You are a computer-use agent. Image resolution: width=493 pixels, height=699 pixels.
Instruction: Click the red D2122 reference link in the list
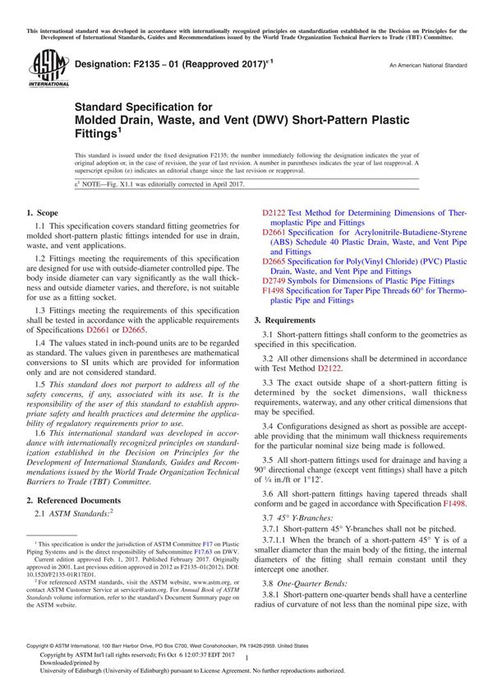tap(273, 212)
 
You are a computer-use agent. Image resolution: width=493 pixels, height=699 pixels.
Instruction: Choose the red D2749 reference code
tap(273, 281)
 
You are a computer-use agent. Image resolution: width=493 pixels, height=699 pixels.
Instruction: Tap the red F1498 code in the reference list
tap(273, 291)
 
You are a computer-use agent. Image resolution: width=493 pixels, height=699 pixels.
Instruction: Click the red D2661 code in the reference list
tap(273, 232)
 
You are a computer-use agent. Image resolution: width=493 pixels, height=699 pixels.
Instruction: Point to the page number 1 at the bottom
tap(246, 657)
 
